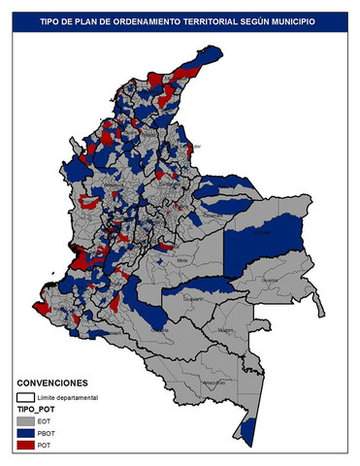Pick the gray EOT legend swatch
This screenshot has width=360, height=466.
point(26,422)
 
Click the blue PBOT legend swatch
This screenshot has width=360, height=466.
point(26,434)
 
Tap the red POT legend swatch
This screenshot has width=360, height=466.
point(26,446)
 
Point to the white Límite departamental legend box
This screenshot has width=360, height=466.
point(26,397)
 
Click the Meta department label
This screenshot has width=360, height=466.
point(181,259)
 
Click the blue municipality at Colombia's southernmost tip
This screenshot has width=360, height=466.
point(248,428)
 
